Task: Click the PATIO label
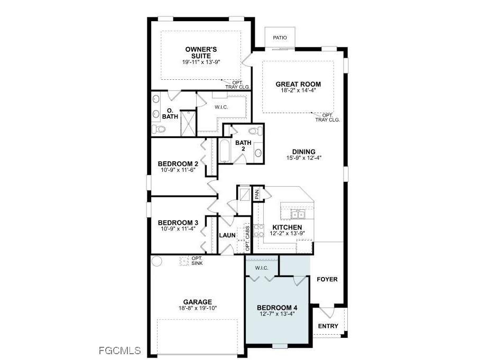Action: (280, 38)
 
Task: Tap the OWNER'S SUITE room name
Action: (201, 53)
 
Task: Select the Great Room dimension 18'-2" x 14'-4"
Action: (298, 90)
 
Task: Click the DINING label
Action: (303, 152)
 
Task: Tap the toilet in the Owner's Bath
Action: (158, 128)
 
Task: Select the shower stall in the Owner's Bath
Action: (188, 123)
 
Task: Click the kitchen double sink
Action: (298, 215)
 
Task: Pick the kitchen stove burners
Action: (259, 230)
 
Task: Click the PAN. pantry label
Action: (257, 193)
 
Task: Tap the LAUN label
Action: (227, 235)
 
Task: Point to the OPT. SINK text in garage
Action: (197, 261)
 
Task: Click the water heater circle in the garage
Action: (156, 261)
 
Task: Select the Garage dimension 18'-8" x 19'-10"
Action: (198, 308)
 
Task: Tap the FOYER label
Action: (327, 279)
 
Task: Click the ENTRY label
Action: (328, 326)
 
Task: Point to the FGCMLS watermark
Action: (120, 350)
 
